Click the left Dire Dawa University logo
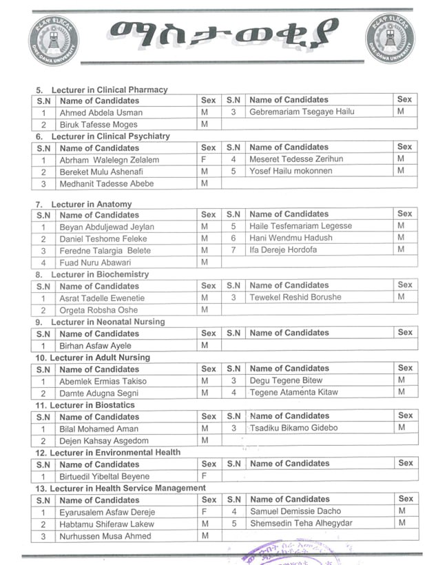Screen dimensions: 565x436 tap(53, 39)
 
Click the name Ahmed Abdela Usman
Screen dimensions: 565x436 tap(101, 112)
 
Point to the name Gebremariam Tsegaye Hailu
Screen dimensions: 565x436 tap(301, 112)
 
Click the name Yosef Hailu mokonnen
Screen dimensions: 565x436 tap(291, 171)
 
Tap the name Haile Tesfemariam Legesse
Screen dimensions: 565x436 tap(300, 226)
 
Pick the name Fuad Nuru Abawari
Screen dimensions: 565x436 tap(96, 263)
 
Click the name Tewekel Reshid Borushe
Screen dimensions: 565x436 tap(295, 297)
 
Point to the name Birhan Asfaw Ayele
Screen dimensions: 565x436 tap(95, 346)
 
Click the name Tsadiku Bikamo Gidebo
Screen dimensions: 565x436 tap(294, 428)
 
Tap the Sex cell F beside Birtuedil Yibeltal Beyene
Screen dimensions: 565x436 tap(205, 476)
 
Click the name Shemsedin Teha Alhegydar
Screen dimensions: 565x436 tap(301, 523)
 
